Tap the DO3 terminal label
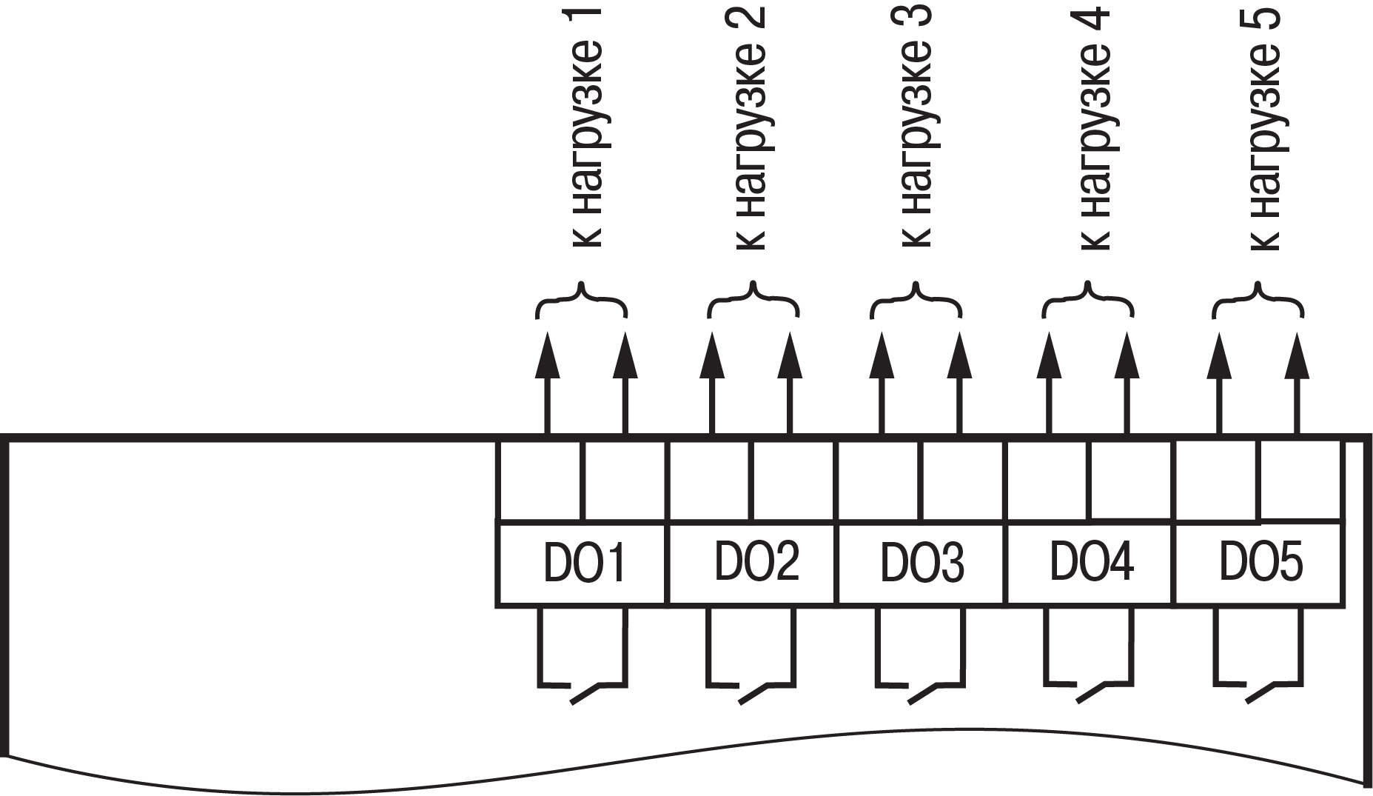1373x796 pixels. coord(922,564)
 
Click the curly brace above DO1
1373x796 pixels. coord(582,300)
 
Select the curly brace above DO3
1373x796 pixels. coord(916,300)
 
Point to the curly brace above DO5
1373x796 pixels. coord(1258,300)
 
